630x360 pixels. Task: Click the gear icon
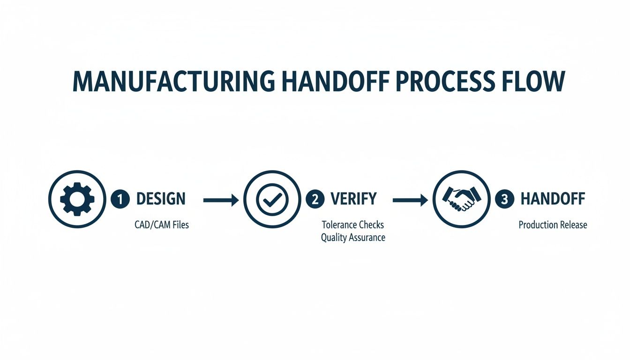77,199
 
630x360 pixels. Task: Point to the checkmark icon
272,199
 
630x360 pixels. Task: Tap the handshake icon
461,199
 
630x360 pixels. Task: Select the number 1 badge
120,199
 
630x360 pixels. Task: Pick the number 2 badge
315,199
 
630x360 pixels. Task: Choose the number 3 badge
504,199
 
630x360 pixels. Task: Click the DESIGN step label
161,199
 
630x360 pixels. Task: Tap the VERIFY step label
353,199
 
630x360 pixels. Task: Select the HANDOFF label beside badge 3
553,199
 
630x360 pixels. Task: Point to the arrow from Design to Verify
221,200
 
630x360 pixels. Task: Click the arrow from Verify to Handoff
410,200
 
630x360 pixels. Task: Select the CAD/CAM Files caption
162,225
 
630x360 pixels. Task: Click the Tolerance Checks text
353,225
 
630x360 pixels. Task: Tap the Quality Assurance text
353,238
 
